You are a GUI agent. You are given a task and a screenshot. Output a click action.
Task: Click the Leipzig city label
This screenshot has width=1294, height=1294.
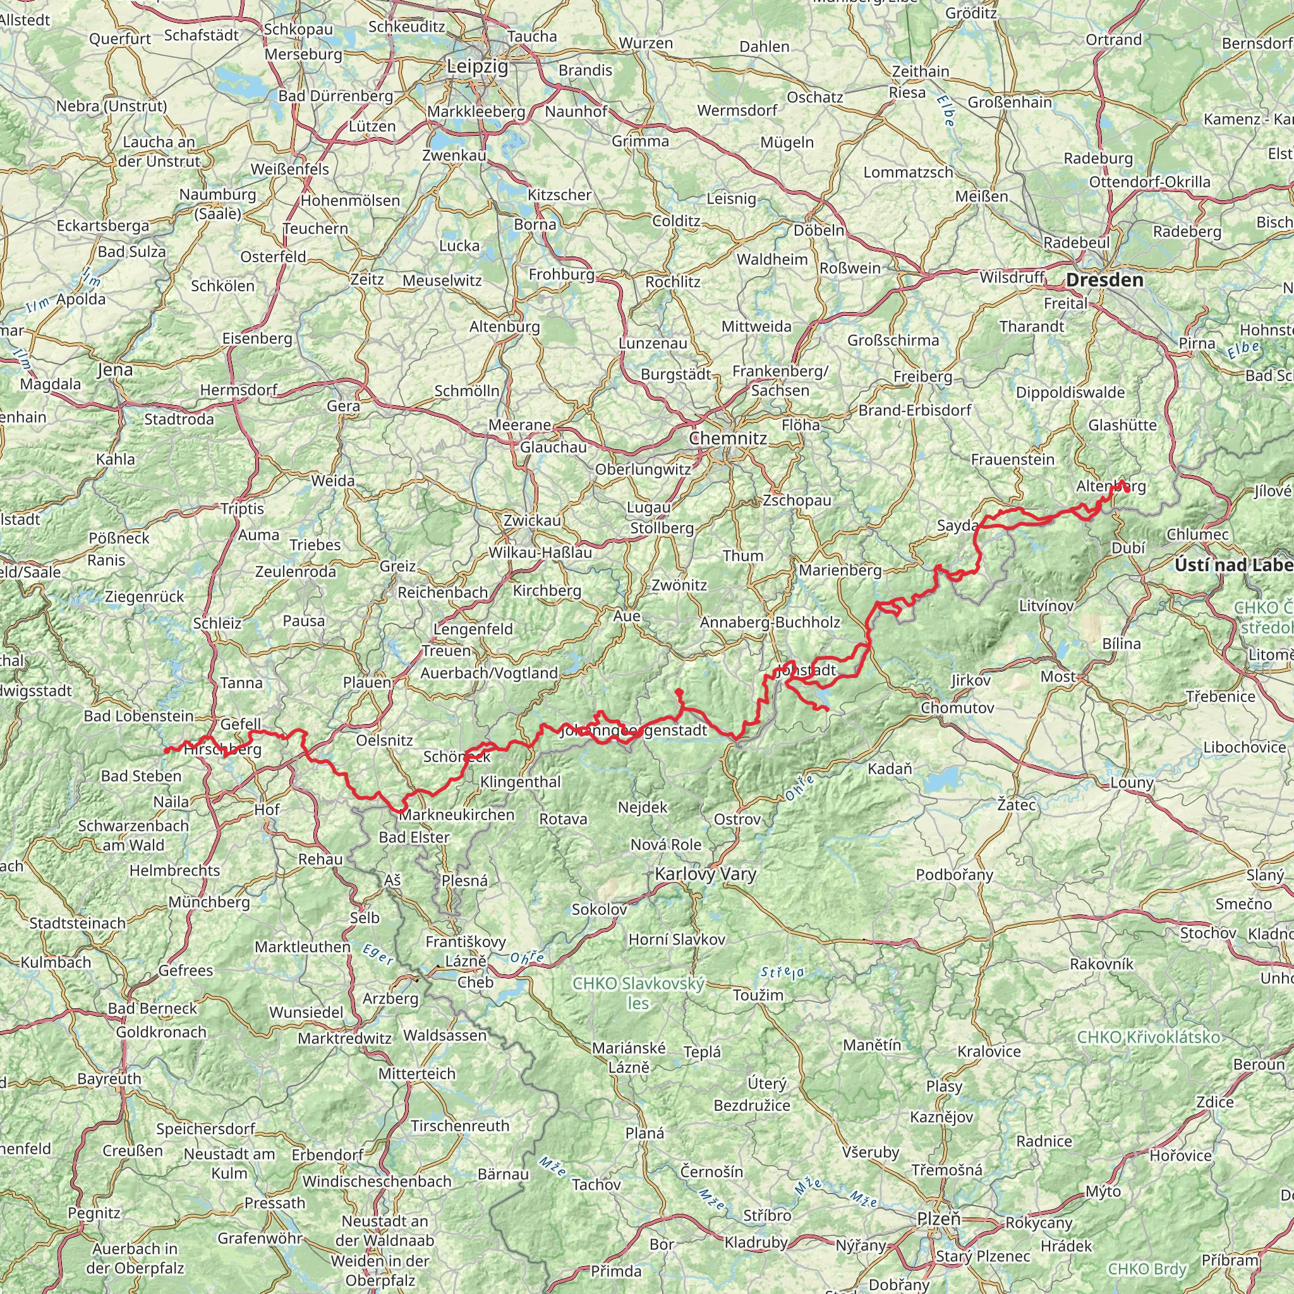pos(478,67)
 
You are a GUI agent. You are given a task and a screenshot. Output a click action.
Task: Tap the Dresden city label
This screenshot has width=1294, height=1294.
pos(1104,280)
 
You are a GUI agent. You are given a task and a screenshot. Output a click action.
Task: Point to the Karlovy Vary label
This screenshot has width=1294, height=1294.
pos(705,873)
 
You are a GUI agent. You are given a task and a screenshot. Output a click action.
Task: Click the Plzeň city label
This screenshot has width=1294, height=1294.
pos(939,1219)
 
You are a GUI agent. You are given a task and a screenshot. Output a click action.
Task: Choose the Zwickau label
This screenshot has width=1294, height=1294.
pos(533,520)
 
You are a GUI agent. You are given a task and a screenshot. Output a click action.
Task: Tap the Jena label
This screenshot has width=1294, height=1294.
pos(115,370)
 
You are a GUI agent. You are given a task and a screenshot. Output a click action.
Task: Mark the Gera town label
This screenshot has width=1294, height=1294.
pos(344,405)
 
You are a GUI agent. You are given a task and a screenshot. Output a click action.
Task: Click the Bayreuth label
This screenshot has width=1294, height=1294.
pos(109,1079)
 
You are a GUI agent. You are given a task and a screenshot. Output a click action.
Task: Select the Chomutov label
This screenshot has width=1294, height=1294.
pos(958,708)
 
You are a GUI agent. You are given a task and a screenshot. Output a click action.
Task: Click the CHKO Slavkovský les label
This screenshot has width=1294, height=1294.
pos(638,993)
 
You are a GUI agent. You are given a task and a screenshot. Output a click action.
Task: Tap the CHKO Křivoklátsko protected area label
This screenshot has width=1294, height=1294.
pos(1149,1037)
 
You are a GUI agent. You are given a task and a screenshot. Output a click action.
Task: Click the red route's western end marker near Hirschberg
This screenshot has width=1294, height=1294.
pos(167,751)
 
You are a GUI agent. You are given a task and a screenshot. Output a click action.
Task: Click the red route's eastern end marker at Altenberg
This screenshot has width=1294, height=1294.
pos(1127,490)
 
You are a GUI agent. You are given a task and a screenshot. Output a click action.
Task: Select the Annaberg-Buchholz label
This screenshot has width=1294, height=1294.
pos(770,622)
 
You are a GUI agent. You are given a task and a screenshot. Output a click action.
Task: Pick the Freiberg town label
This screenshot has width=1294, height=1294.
pos(922,377)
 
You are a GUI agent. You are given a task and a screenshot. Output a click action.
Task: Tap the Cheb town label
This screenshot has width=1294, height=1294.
pos(476,982)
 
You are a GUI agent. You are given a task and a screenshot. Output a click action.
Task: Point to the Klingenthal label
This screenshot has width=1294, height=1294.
pos(521,781)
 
